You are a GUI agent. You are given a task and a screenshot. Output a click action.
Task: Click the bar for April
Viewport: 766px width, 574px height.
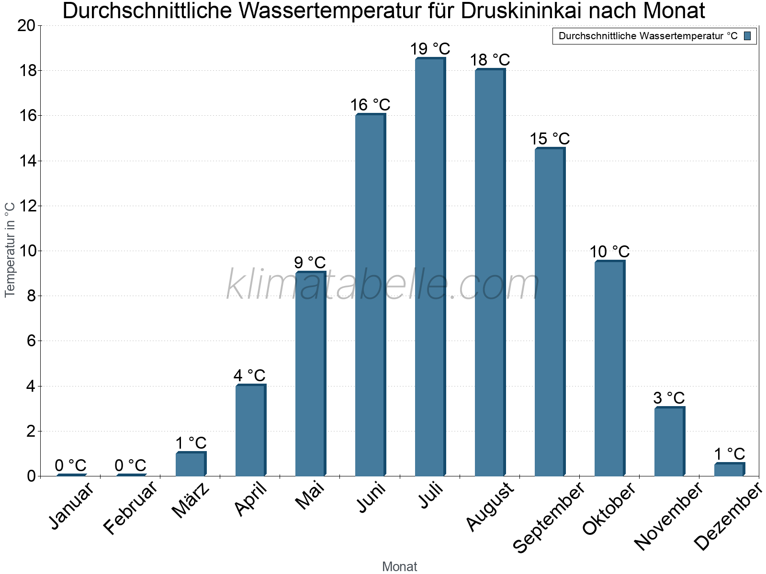(250, 430)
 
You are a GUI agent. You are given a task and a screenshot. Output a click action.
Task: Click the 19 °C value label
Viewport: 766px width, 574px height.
(430, 49)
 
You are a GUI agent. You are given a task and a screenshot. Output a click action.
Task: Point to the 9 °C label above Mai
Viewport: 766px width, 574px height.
(310, 263)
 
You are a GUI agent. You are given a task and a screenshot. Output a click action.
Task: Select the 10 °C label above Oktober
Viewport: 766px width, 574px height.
(609, 252)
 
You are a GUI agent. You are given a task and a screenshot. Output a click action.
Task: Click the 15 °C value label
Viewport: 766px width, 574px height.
(550, 139)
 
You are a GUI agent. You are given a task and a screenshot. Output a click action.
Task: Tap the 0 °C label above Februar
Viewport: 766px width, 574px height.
(130, 465)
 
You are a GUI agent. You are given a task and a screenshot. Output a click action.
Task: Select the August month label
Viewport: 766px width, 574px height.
(490, 507)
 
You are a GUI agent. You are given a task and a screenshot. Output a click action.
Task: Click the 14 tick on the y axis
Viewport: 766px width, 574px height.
(27, 161)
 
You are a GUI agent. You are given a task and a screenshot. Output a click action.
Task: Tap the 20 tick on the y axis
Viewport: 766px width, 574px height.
(27, 26)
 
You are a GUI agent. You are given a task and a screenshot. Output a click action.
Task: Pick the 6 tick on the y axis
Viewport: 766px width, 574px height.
(31, 341)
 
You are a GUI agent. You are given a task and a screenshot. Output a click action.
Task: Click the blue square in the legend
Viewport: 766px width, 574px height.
(747, 36)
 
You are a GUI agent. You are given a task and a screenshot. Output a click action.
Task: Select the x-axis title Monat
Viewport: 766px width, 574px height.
(400, 566)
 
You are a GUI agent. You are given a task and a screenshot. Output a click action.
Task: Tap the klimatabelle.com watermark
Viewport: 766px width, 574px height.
(383, 285)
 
